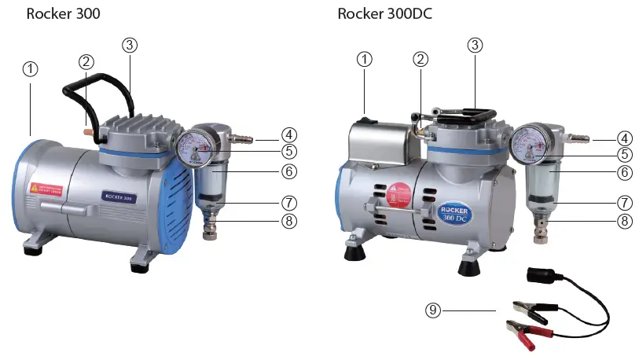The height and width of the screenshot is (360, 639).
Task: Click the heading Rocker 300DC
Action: [384, 13]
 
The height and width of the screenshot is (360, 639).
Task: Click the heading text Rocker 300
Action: [63, 13]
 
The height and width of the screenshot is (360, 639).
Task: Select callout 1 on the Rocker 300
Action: [30, 68]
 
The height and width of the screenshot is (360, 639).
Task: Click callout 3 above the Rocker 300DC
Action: [474, 45]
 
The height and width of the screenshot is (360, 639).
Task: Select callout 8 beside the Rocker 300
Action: [289, 221]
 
